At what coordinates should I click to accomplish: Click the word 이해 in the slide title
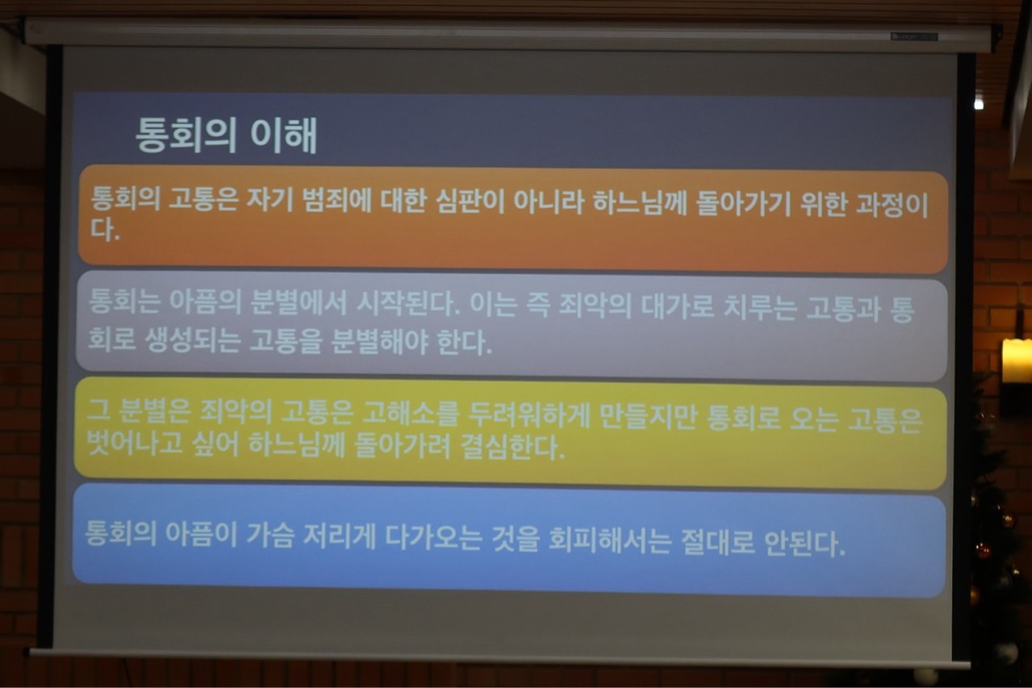pos(283,135)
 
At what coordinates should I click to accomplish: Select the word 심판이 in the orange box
pos(470,202)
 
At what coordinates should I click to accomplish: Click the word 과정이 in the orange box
pos(892,206)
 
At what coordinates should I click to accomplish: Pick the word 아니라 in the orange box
pos(549,202)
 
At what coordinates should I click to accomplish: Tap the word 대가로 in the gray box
pos(678,306)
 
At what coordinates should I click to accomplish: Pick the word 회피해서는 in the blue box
pos(609,540)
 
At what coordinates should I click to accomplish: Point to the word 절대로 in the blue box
pos(717,542)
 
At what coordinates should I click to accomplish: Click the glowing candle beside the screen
pos(1017,361)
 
